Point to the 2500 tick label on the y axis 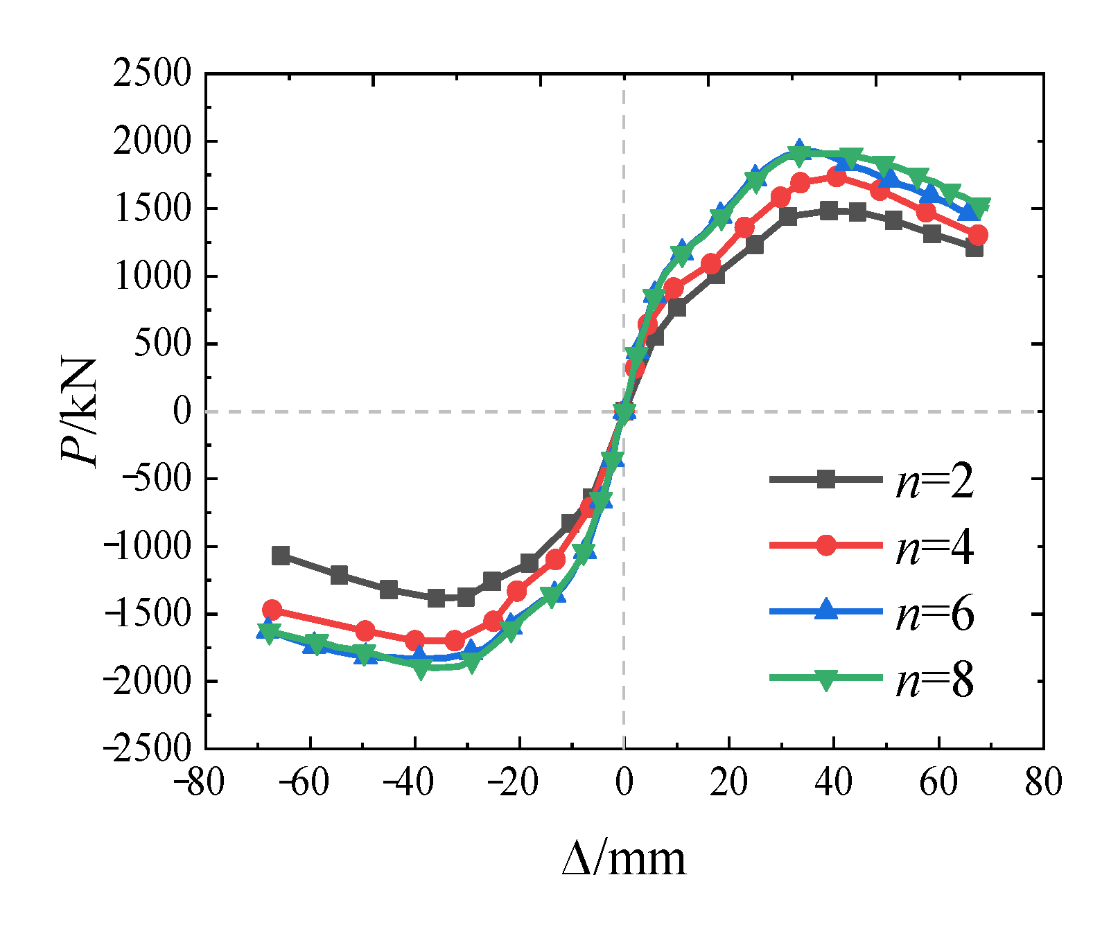152,73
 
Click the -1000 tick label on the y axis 146,547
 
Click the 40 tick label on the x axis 834,783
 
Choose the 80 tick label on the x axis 1043,783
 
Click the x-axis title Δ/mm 624,859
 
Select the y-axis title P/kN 78,412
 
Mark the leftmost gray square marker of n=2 281,555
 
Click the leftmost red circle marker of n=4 272,610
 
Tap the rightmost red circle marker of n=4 978,236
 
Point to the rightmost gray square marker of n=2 974,248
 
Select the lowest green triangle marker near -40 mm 421,669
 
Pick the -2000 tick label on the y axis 146,682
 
